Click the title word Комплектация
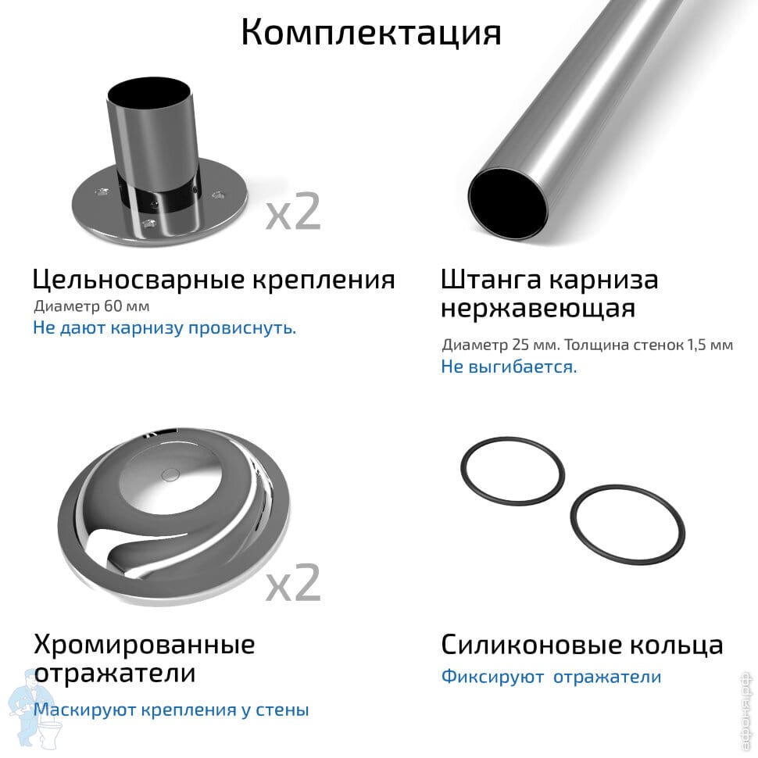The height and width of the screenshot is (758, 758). pyautogui.click(x=371, y=33)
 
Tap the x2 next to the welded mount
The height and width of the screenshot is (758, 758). pyautogui.click(x=294, y=211)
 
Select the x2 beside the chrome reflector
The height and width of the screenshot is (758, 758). pyautogui.click(x=294, y=582)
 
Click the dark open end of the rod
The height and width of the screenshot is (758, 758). pyautogui.click(x=508, y=203)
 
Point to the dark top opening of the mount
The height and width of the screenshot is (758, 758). pyautogui.click(x=149, y=95)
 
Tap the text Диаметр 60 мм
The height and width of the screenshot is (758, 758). pyautogui.click(x=92, y=306)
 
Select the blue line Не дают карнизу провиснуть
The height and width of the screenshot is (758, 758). pyautogui.click(x=164, y=327)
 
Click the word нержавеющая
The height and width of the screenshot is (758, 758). pyautogui.click(x=538, y=309)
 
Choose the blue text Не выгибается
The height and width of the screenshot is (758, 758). pyautogui.click(x=509, y=366)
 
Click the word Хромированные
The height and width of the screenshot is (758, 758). pyautogui.click(x=144, y=645)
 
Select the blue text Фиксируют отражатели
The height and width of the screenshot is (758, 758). pyautogui.click(x=551, y=676)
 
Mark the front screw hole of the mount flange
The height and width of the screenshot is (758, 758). pyautogui.click(x=149, y=223)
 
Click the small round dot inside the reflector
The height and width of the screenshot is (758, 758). pyautogui.click(x=170, y=474)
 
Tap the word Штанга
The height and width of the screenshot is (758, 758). pyautogui.click(x=491, y=280)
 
